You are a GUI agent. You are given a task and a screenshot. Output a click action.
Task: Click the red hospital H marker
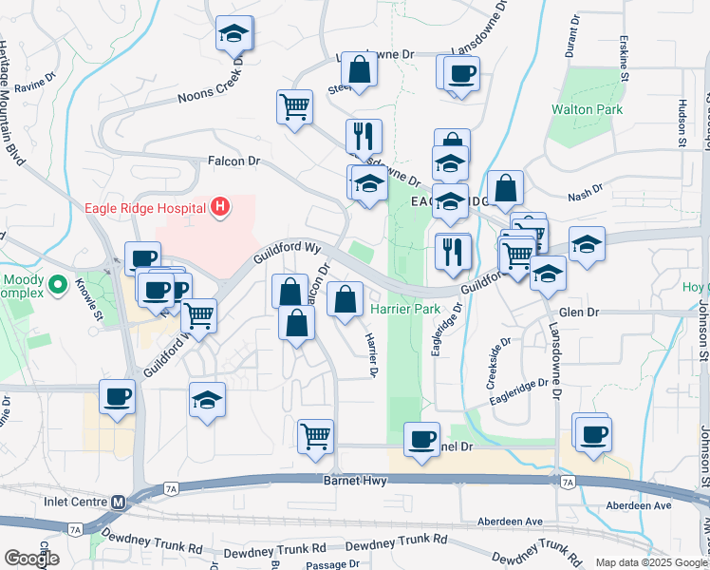220,207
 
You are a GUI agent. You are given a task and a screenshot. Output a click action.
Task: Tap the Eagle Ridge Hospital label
144,208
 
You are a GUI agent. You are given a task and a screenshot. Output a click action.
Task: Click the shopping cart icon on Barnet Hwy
316,438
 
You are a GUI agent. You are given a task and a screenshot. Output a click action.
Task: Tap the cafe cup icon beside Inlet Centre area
118,396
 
